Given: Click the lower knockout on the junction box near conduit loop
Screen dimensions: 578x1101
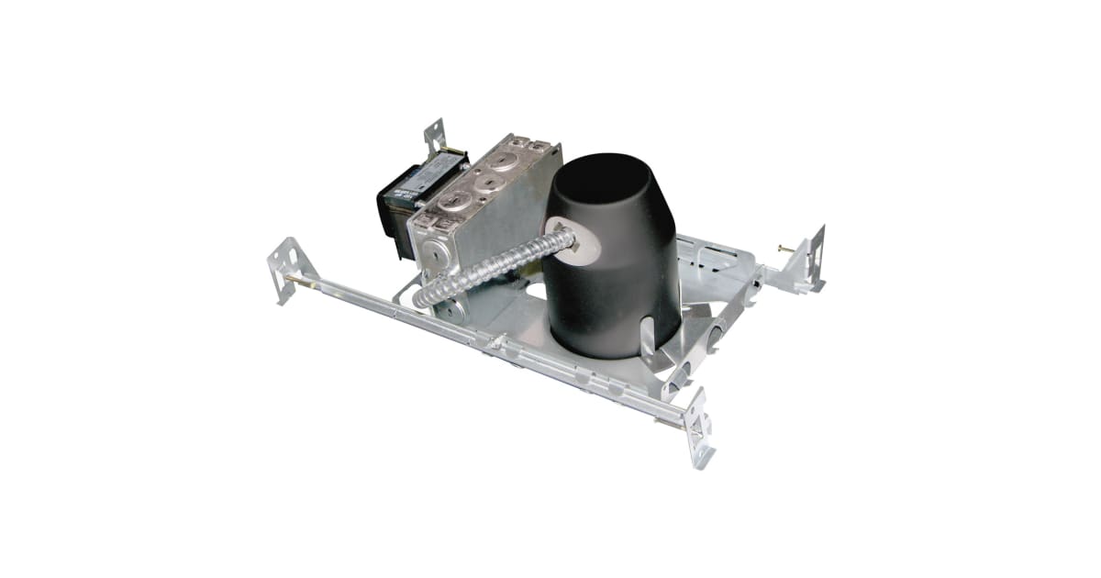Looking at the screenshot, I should click(447, 308).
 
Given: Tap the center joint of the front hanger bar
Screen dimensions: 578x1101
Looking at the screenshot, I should click(496, 344).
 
